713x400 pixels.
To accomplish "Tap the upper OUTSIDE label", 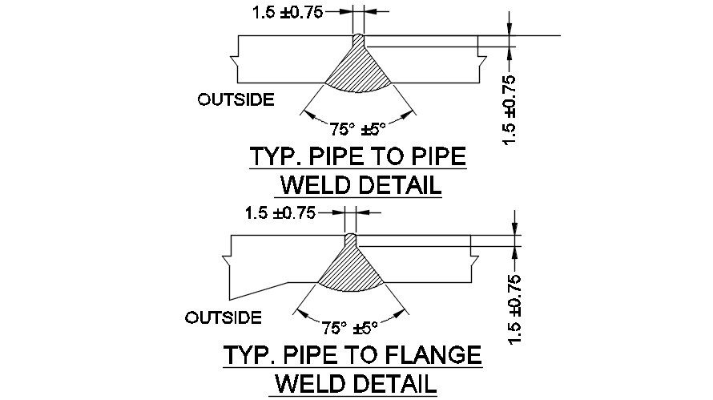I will pyautogui.click(x=236, y=99).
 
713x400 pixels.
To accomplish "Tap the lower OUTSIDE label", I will pyautogui.click(x=223, y=317).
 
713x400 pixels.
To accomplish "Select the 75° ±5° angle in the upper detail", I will pyautogui.click(x=358, y=126).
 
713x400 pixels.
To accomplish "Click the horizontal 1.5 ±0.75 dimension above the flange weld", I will pyautogui.click(x=280, y=213).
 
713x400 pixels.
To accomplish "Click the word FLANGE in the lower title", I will pyautogui.click(x=433, y=355).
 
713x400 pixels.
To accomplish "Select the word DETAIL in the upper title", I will pyautogui.click(x=398, y=186).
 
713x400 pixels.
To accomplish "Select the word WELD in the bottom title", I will pyautogui.click(x=306, y=384).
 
